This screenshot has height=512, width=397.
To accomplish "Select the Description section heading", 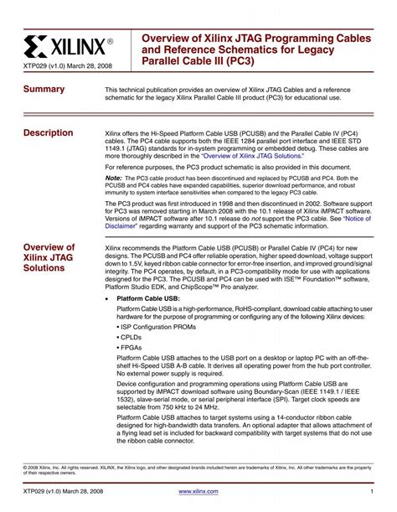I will (49, 134).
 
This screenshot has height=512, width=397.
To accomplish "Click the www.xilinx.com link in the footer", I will (198, 492).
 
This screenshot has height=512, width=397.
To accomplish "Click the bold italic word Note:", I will (114, 178).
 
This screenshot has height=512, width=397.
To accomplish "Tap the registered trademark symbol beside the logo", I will (109, 39).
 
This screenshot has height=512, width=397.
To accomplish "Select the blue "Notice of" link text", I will (354, 218).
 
